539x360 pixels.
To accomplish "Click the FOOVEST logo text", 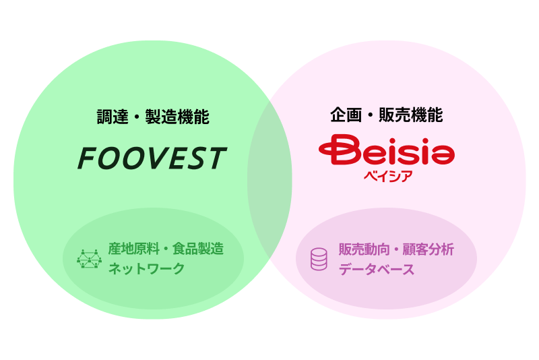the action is [x=152, y=158].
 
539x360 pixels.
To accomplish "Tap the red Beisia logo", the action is [x=387, y=150].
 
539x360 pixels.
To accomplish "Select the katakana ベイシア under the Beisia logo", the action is [x=388, y=177].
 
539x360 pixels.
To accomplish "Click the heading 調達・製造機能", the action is [x=153, y=117].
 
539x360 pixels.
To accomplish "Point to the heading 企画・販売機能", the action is [x=386, y=115].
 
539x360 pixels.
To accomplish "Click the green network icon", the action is [x=90, y=259].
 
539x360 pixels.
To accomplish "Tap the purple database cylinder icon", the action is [x=319, y=259].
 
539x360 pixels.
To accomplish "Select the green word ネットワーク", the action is [x=146, y=268].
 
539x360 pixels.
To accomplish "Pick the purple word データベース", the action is [x=377, y=269].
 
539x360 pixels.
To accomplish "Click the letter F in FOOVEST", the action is [x=88, y=158].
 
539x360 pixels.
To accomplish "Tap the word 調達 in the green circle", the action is [x=113, y=117].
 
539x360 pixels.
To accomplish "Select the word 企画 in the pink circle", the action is [x=346, y=115].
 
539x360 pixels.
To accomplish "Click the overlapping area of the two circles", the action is [x=269, y=179].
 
